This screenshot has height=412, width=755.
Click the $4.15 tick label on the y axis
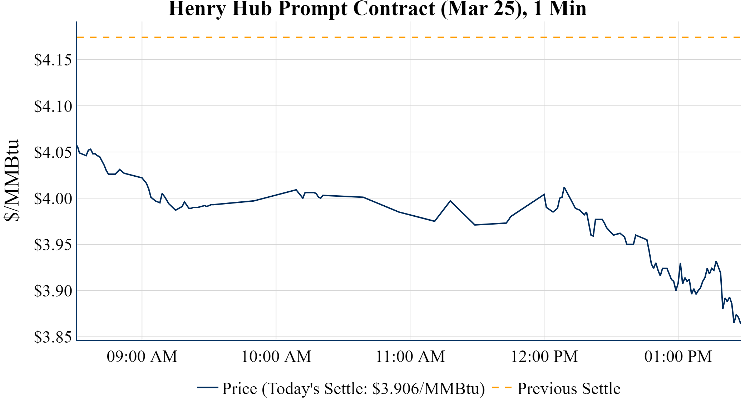[x=53, y=60]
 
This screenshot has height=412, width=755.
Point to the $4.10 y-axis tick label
[x=53, y=107]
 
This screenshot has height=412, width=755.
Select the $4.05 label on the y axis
[x=53, y=153]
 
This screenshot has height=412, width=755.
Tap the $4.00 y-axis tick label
[x=53, y=199]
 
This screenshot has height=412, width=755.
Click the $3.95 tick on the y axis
[x=53, y=245]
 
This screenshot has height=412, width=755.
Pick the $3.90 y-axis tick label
[x=53, y=291]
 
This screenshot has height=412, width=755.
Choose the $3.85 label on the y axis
[x=53, y=337]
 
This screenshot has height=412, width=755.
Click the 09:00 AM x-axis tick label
[x=142, y=357]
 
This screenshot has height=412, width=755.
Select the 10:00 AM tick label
[x=276, y=357]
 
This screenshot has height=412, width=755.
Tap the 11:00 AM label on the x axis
[x=410, y=357]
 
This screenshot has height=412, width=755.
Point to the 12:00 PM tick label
[x=544, y=357]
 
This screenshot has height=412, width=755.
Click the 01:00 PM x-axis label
[x=678, y=357]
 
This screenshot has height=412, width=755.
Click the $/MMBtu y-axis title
[x=11, y=181]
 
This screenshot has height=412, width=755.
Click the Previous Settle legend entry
[x=568, y=389]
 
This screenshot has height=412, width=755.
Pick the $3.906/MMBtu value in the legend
[x=428, y=389]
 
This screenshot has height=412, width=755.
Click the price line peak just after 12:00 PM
[x=564, y=187]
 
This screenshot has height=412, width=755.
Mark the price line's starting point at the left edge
[x=77, y=145]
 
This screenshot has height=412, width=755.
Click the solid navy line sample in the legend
[x=207, y=387]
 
